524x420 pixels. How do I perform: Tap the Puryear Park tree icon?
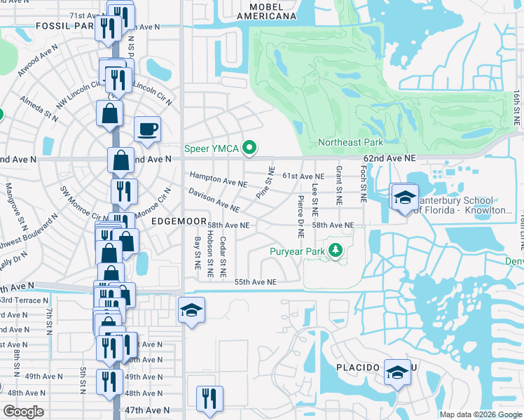[336, 251]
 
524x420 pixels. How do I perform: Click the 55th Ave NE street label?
[255, 281]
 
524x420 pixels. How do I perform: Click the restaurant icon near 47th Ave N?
[209, 399]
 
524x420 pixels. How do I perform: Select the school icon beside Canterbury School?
[404, 197]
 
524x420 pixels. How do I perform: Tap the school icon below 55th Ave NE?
[191, 309]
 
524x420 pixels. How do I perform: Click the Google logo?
[23, 412]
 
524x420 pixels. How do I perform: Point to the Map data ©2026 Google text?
[481, 414]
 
